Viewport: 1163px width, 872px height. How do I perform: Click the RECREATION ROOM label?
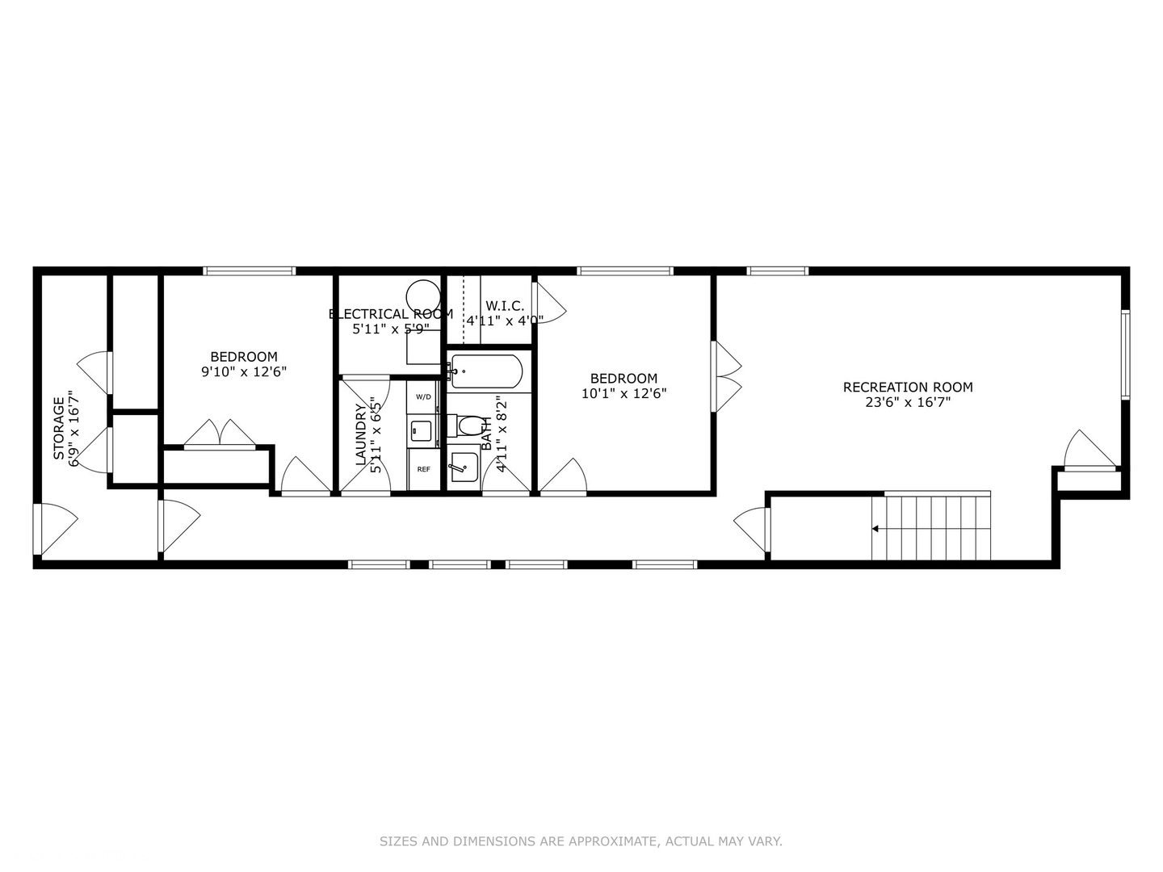[x=908, y=388]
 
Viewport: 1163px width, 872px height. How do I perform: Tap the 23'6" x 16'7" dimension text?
[x=908, y=402]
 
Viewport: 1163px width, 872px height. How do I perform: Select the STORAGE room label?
[x=59, y=428]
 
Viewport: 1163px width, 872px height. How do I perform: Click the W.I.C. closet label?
[x=505, y=306]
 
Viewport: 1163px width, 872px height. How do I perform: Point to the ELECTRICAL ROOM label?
[x=391, y=314]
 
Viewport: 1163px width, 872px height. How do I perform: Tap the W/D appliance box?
[x=423, y=397]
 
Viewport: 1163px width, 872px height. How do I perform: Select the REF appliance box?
[x=423, y=469]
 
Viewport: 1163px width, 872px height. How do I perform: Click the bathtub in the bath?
[x=487, y=372]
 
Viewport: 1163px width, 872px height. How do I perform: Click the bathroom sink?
[x=464, y=466]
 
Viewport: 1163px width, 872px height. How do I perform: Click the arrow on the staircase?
[x=875, y=529]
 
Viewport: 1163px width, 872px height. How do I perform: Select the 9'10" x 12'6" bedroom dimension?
[x=244, y=371]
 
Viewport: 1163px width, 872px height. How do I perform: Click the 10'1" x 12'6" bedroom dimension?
[x=623, y=393]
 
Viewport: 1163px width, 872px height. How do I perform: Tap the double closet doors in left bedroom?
[x=220, y=434]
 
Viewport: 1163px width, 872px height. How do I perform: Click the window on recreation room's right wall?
[x=1125, y=354]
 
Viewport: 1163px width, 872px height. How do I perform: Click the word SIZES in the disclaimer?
[x=398, y=841]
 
